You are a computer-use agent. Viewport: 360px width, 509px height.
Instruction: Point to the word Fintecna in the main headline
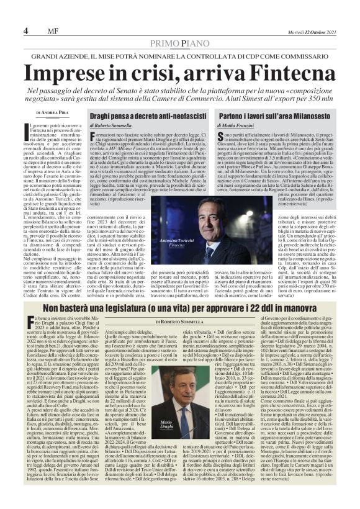pyautogui.click(x=269, y=73)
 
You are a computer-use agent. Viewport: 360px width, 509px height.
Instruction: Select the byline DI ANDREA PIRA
pyautogui.click(x=54, y=112)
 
